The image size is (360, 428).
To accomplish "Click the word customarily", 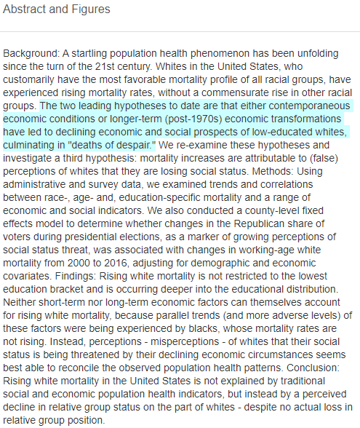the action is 32,79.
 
